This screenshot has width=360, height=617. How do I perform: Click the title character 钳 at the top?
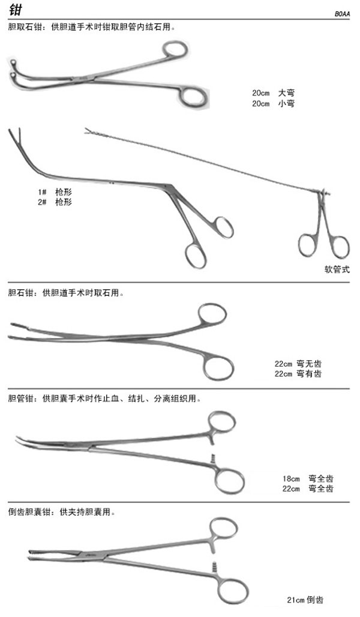click(x=16, y=9)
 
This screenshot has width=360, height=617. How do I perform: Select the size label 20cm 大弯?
click(x=273, y=93)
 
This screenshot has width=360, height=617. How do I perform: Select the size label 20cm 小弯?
click(x=273, y=103)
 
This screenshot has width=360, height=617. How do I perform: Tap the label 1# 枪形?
click(x=55, y=192)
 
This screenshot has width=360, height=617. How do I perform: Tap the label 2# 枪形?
click(x=55, y=202)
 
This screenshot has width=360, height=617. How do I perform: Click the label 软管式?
click(x=337, y=269)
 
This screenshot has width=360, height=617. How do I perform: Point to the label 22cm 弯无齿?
click(x=298, y=364)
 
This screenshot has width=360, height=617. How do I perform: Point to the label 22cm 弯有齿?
click(x=298, y=373)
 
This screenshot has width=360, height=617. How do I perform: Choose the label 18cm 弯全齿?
click(x=308, y=479)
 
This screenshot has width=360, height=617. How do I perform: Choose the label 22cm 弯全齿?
click(x=308, y=489)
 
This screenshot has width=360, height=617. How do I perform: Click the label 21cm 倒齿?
click(x=305, y=600)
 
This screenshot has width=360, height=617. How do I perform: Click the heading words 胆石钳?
click(x=21, y=293)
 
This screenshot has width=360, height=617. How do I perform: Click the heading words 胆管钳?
click(x=21, y=399)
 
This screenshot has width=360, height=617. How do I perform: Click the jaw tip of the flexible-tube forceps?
click(x=88, y=131)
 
